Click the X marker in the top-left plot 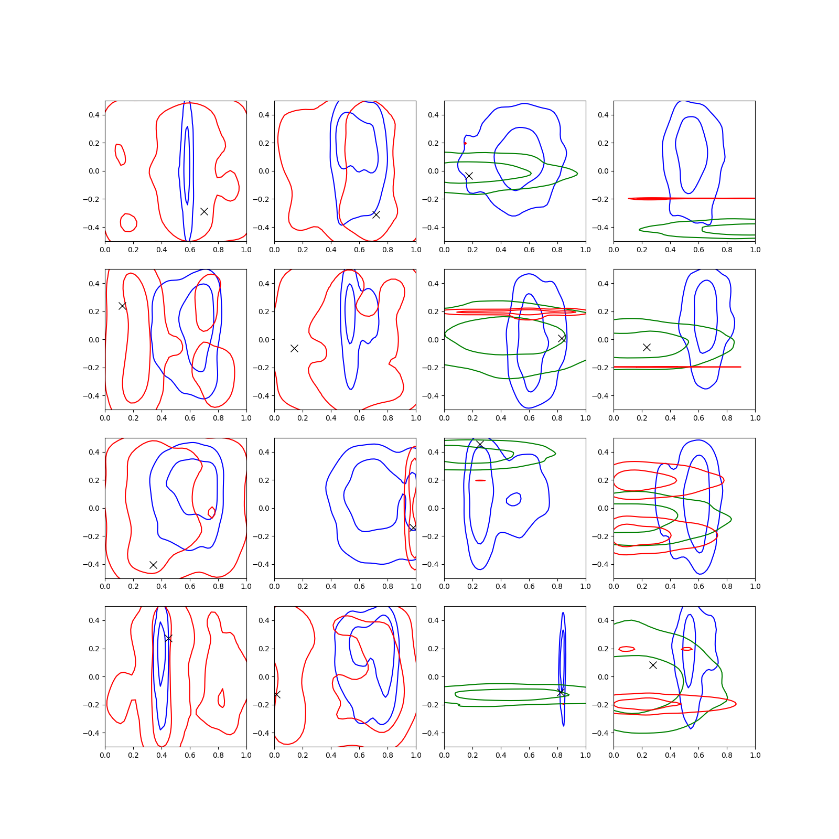(204, 211)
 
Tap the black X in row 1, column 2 (376, 214)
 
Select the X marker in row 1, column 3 (469, 176)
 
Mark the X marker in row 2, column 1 (122, 306)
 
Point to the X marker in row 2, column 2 (294, 348)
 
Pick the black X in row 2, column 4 (647, 347)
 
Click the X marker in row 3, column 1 (153, 565)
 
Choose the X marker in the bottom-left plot (168, 638)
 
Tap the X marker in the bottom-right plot (653, 665)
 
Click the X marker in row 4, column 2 (277, 694)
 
